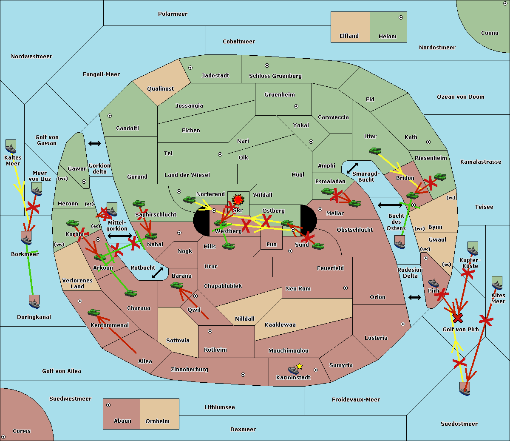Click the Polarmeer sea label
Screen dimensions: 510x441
[x=173, y=14]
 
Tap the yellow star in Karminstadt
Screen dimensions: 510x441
[x=299, y=366]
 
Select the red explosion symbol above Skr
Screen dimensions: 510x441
[x=238, y=199]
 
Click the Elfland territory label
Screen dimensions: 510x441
[x=349, y=36]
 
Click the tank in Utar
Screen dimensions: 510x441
[x=375, y=151]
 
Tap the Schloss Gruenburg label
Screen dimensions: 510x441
[x=275, y=76]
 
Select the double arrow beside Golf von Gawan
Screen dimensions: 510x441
[x=95, y=143]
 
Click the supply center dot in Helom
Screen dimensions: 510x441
[x=401, y=17]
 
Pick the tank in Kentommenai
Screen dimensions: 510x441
[x=94, y=312]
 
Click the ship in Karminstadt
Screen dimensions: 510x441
[x=293, y=370]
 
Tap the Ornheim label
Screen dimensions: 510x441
[x=157, y=421]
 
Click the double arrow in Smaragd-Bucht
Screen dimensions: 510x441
[x=352, y=168]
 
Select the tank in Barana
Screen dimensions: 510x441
[x=177, y=285]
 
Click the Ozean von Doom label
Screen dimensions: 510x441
[x=461, y=97]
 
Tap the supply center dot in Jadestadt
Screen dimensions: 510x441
[x=190, y=68]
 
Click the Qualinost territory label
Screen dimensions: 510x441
[x=160, y=88]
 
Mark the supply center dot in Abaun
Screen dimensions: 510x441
[x=108, y=405]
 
